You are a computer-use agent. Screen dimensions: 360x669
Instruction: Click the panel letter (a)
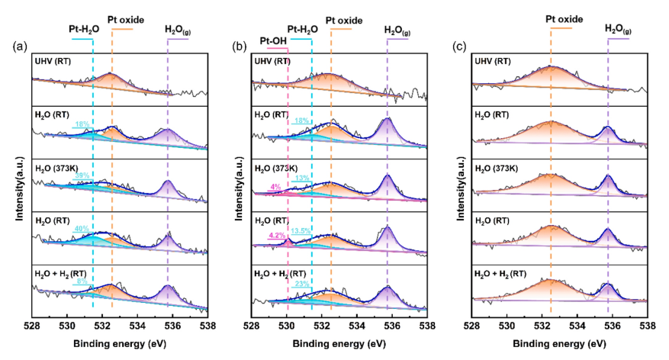pos(20,47)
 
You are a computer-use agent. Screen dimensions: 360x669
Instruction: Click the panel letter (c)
pos(459,47)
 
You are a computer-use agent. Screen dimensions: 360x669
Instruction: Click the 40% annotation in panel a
pos(82,227)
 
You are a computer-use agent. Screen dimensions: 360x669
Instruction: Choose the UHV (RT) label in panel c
pos(496,61)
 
